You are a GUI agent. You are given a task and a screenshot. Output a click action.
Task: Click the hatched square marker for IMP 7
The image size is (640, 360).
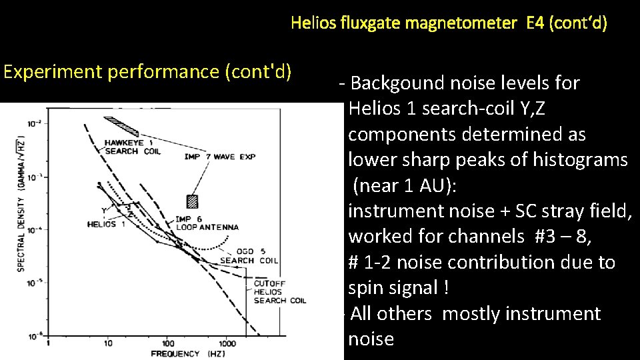click(x=193, y=201)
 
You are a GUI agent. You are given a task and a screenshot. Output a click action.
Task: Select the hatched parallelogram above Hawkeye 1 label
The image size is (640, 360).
click(x=121, y=124)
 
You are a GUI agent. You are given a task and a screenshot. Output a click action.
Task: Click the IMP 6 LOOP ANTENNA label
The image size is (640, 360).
click(x=206, y=223)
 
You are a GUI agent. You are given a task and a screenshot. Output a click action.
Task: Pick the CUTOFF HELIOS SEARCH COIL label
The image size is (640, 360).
click(x=279, y=292)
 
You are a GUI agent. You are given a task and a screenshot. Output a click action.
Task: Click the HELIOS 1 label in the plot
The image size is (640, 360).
click(x=106, y=224)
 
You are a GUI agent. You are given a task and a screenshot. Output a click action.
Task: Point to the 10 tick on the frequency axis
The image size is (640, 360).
click(x=107, y=343)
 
